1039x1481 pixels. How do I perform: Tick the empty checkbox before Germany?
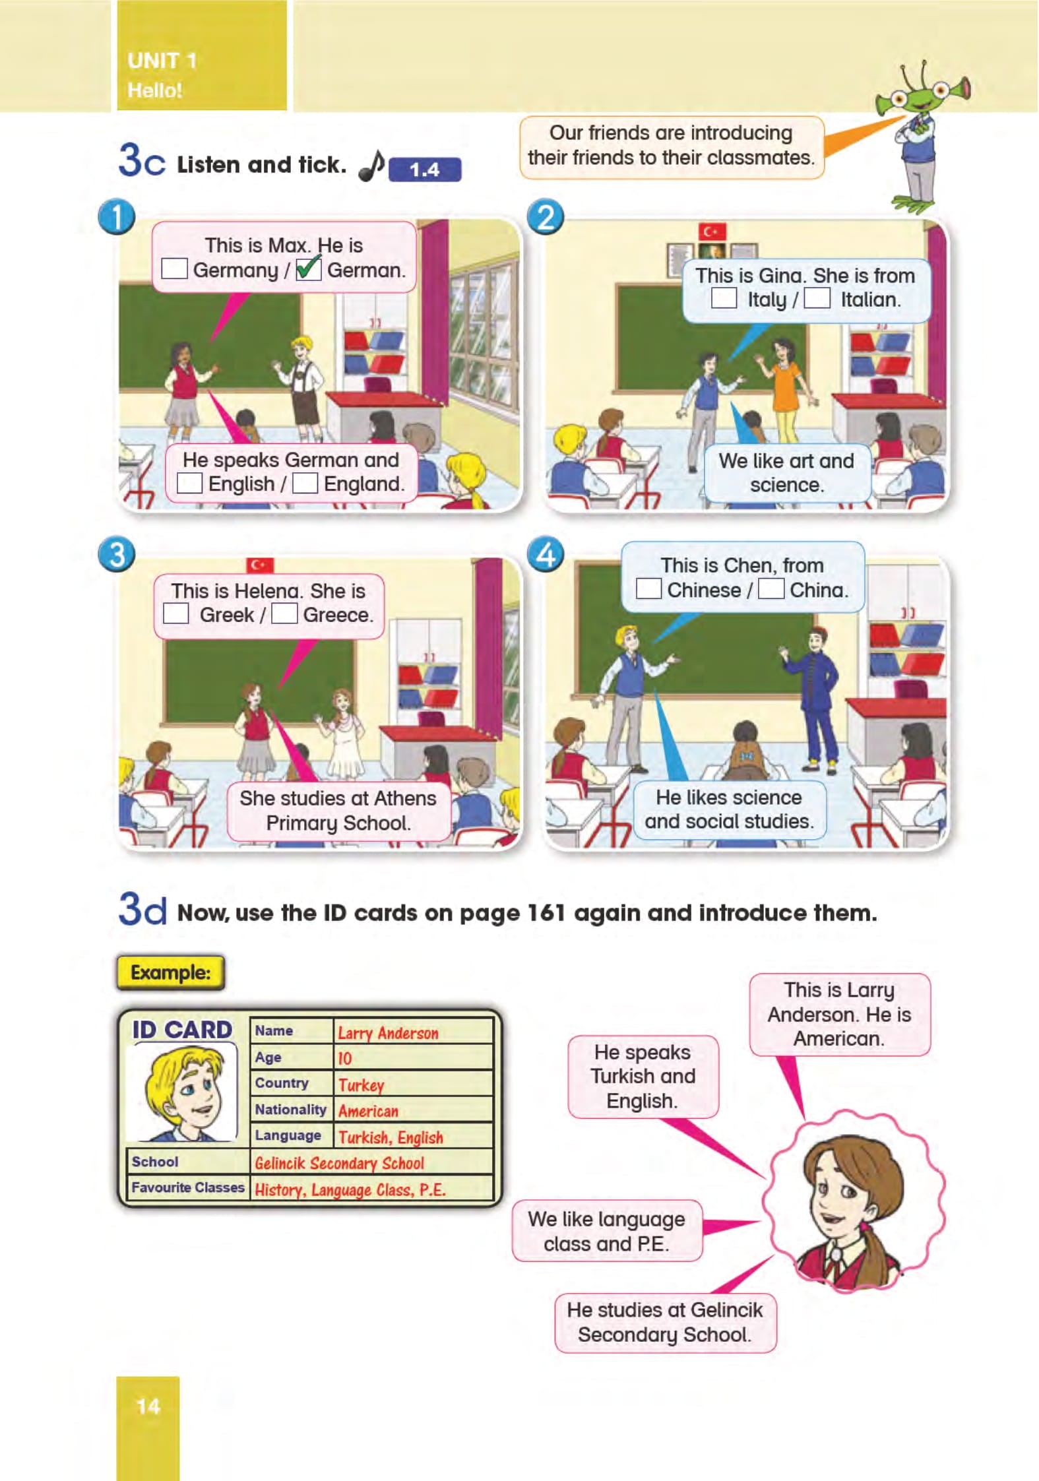point(174,268)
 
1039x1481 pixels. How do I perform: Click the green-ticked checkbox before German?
point(309,268)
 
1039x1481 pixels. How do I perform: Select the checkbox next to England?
point(305,483)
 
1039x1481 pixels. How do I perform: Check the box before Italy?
point(724,298)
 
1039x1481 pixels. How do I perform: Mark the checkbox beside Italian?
point(817,298)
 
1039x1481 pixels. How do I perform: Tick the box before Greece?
point(284,614)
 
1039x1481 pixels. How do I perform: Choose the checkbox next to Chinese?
point(648,588)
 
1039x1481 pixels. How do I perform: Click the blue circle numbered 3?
point(117,553)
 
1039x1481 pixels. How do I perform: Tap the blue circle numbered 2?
point(546,217)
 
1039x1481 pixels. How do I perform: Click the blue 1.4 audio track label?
point(425,170)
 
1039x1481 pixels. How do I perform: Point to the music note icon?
point(371,166)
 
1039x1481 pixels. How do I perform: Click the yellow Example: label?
point(171,972)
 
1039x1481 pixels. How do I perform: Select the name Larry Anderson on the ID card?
point(388,1032)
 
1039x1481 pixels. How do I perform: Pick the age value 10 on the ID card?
point(344,1058)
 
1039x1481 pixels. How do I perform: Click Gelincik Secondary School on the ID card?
point(339,1163)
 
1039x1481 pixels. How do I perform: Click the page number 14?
point(148,1406)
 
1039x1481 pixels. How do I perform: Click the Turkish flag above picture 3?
point(260,565)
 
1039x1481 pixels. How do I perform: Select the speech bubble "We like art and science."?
point(787,472)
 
